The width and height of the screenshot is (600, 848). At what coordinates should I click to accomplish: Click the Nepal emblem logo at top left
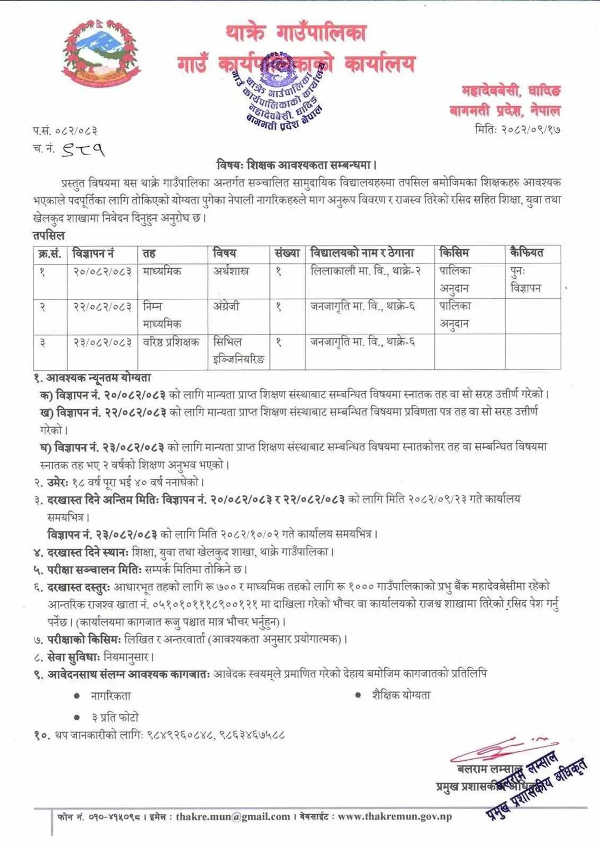coord(101,54)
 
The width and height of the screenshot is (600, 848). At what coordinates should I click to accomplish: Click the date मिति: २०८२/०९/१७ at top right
coord(517,129)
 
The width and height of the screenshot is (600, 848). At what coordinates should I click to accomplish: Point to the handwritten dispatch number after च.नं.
coord(83,149)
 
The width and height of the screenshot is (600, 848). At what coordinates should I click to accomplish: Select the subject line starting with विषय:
coord(297,165)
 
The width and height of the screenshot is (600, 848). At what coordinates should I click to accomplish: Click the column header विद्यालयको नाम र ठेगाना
coord(362,253)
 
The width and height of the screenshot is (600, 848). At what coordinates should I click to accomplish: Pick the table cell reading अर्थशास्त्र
coord(231,272)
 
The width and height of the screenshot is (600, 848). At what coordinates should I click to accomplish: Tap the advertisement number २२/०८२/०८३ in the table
coord(103,307)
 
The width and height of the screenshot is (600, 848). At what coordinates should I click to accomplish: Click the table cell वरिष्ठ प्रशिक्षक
coord(171,342)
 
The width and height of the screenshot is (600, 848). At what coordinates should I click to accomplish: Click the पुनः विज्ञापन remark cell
coord(526,279)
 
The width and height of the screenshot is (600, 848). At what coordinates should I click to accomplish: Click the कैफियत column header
coord(527,253)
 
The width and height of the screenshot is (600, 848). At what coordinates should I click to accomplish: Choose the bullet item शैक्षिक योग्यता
coord(401,695)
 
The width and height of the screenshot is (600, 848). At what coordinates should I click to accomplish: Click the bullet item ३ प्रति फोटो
coord(115,717)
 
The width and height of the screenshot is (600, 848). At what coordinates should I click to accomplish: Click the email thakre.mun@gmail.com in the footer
coord(233,816)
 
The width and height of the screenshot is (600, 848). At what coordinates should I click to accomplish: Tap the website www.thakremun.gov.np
coord(394,816)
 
